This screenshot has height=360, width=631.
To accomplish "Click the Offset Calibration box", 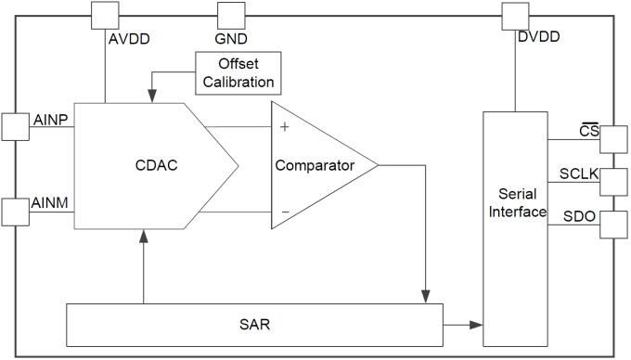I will tap(237, 71).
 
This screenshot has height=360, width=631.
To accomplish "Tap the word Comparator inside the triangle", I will tap(315, 166).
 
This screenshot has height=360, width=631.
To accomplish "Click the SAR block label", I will tap(252, 325).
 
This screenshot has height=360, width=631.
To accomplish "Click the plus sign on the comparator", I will tap(284, 126).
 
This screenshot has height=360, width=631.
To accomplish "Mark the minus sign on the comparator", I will tap(285, 212).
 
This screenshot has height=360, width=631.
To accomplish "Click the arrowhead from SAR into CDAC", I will tap(144, 237).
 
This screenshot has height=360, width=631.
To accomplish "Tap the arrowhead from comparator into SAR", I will tap(425, 295).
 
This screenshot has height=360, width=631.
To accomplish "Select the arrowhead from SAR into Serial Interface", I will tap(476, 325).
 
